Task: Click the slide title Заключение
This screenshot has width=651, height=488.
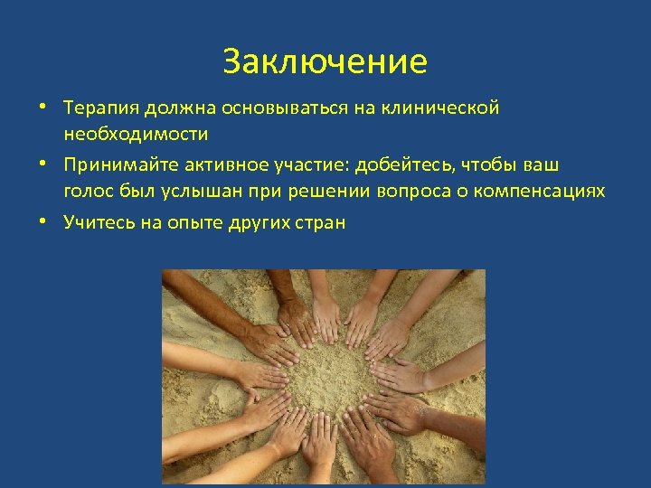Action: pos(325,62)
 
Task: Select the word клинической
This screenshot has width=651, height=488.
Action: pos(451,108)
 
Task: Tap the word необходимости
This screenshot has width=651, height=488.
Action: pos(136,134)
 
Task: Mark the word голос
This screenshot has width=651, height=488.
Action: pos(86,192)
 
